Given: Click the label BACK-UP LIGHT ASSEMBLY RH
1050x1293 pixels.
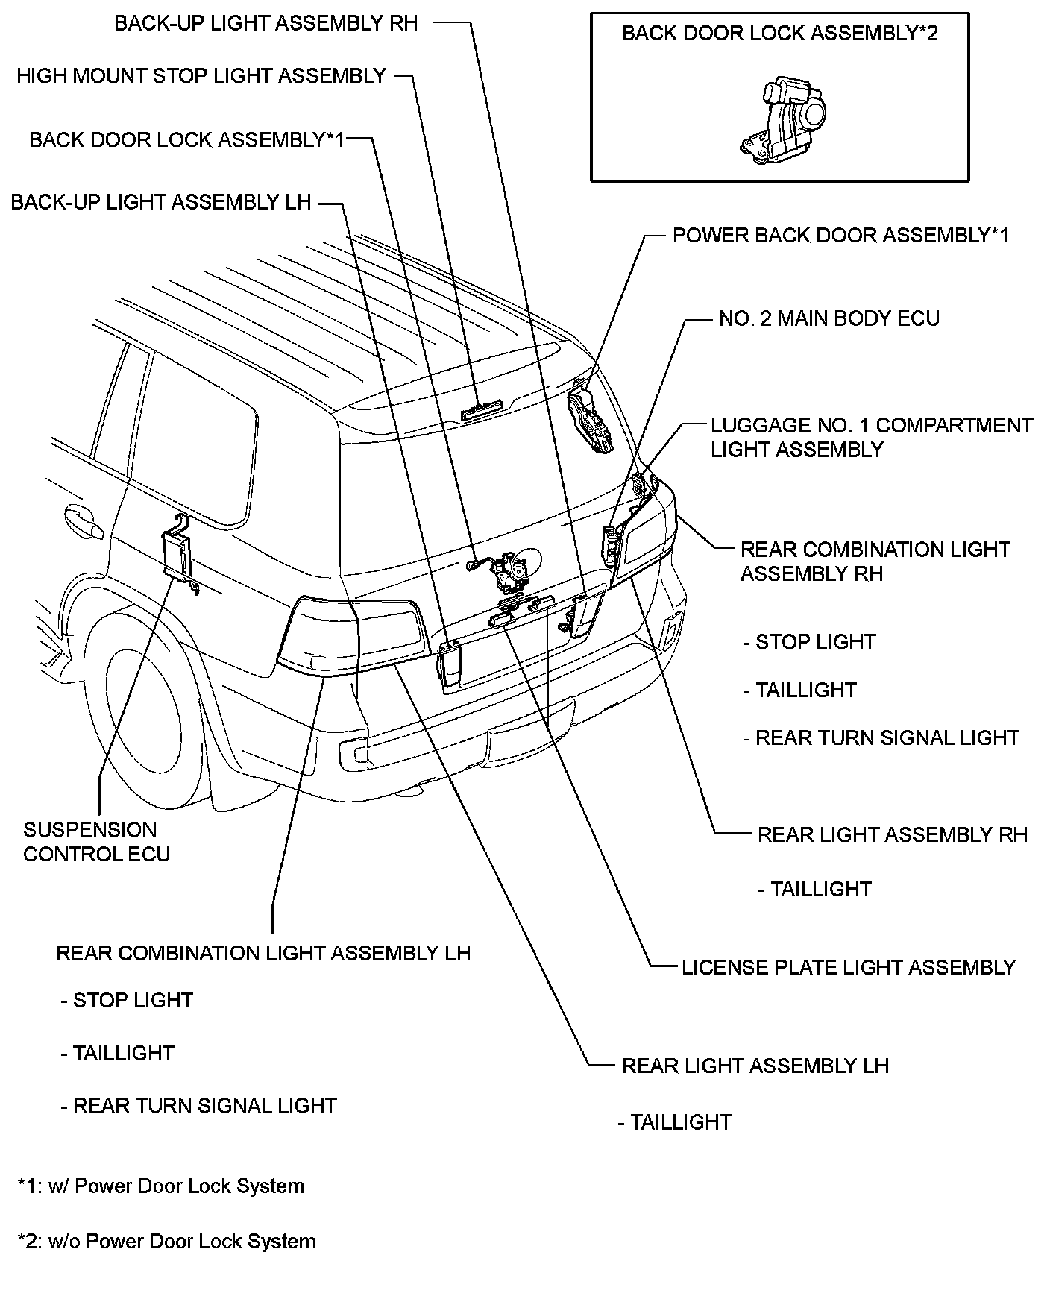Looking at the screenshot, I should [265, 23].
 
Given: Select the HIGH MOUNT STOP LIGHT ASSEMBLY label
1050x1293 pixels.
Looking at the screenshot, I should [201, 76].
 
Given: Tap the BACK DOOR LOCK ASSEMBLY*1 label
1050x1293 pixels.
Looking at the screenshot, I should [186, 140].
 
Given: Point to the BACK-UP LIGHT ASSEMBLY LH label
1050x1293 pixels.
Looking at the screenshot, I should [160, 203].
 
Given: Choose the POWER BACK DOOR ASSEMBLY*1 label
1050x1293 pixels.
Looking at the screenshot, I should [840, 236].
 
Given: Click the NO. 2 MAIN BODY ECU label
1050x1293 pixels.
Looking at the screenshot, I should [829, 319].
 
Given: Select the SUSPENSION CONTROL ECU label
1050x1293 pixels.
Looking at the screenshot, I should [96, 842].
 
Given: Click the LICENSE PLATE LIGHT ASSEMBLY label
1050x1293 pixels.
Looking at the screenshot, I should [849, 968].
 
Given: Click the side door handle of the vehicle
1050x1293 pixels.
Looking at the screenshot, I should [83, 521].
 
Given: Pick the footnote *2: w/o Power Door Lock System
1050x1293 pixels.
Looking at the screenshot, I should [167, 1242].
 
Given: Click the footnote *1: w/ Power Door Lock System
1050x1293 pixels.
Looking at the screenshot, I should [161, 1186].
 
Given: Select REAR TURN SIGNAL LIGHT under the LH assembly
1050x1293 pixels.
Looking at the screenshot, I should [198, 1106].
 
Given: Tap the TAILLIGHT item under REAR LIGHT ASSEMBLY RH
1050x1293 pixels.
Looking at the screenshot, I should [814, 890].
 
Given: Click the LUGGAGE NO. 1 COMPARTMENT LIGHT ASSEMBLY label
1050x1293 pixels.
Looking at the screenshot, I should [871, 438].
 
